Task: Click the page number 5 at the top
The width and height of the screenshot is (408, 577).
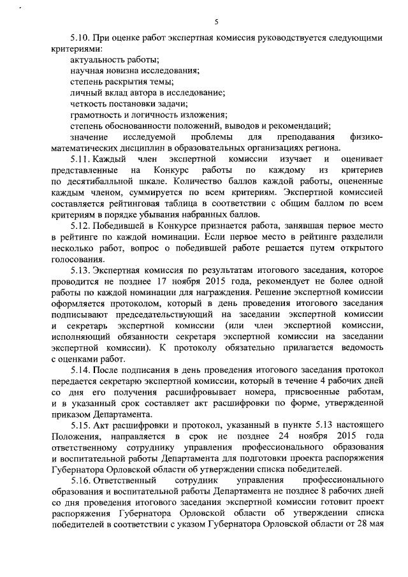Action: tap(217, 22)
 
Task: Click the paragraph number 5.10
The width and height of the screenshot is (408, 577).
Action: tap(80, 38)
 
